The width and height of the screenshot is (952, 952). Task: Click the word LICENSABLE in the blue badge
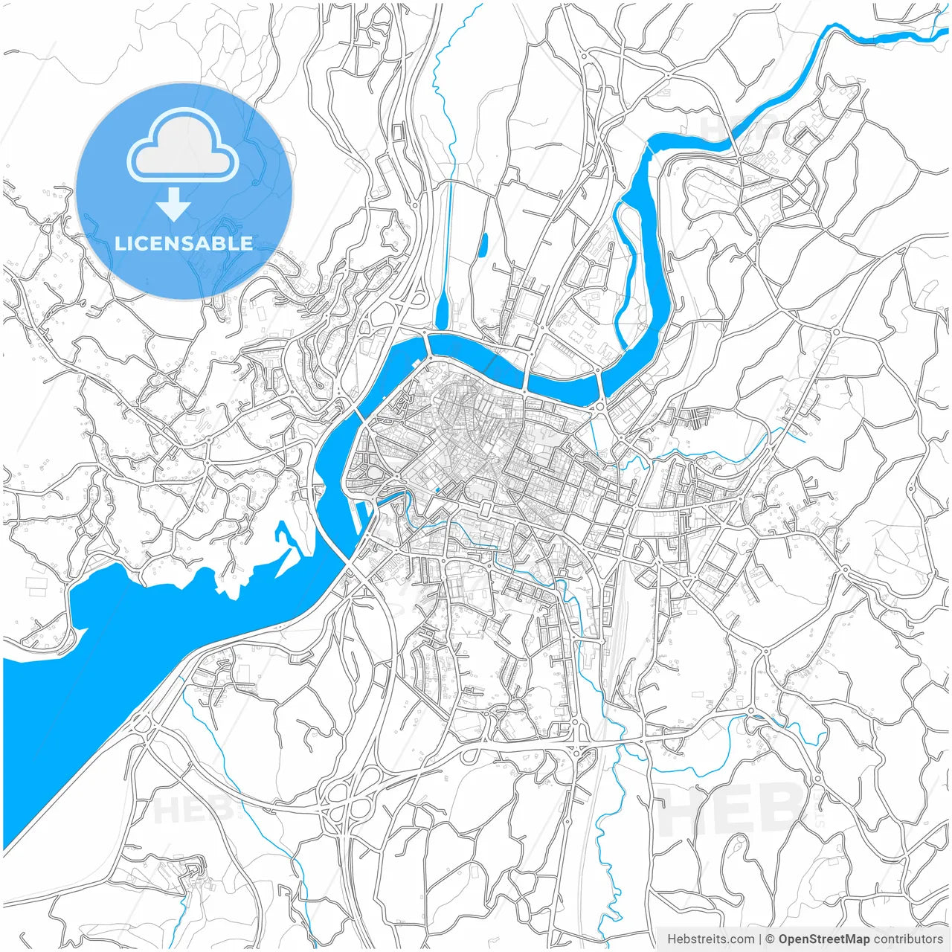click(x=184, y=243)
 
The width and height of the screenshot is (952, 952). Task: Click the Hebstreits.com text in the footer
click(x=710, y=939)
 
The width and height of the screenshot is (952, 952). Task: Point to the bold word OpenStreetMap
click(x=824, y=939)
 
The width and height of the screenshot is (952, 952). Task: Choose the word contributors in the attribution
click(x=908, y=939)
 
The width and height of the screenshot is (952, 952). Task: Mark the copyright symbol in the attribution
click(x=771, y=939)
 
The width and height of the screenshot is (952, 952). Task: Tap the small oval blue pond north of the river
click(x=483, y=245)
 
